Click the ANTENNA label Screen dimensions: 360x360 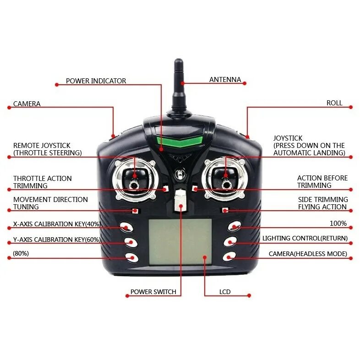pyautogui.click(x=225, y=80)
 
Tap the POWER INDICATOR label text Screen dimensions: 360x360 pyautogui.click(x=96, y=81)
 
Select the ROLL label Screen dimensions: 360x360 pyautogui.click(x=334, y=103)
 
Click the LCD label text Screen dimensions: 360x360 pyautogui.click(x=225, y=292)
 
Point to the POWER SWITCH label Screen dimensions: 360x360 pyautogui.click(x=153, y=292)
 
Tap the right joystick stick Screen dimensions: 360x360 pyautogui.click(x=225, y=176)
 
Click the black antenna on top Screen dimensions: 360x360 pyautogui.click(x=178, y=87)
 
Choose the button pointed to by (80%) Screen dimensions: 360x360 pyautogui.click(x=132, y=257)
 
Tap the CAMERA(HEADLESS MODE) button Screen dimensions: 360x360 pyautogui.click(x=229, y=257)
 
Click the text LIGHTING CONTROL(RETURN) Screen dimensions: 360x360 pyautogui.click(x=305, y=238)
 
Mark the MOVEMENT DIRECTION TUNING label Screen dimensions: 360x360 pyautogui.click(x=50, y=203)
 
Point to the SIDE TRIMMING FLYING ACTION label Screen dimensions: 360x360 pyautogui.click(x=322, y=203)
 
